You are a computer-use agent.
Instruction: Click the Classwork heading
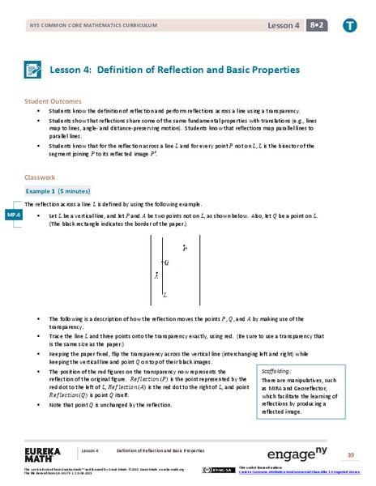pos(40,175)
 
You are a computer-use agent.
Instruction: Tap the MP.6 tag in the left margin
pos(13,215)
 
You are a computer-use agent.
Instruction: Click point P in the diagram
pos(185,247)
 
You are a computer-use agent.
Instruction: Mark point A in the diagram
pos(156,275)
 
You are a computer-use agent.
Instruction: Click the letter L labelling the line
pos(164,295)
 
